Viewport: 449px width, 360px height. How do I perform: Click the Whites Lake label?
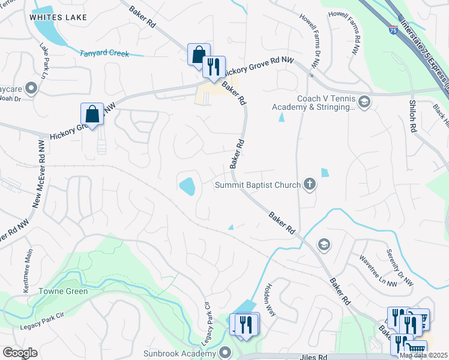coord(54,18)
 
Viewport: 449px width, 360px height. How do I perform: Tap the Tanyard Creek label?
coord(104,53)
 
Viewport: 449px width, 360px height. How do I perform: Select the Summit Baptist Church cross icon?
coord(310,184)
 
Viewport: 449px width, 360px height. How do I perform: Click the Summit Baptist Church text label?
coord(258,185)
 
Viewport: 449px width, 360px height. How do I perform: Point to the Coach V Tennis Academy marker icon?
coord(364,103)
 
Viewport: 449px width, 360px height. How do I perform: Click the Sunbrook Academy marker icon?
coord(225,352)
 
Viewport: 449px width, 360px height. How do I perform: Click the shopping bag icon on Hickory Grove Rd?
coord(92,113)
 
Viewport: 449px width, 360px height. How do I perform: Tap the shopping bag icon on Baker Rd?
coord(198,54)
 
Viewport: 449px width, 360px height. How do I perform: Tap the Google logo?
coord(20,353)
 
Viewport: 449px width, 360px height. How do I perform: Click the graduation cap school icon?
coord(324,244)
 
